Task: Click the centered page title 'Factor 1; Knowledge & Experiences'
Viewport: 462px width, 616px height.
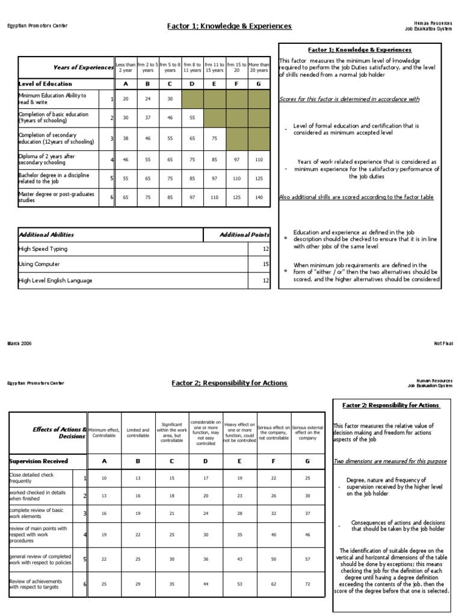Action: [x=229, y=26]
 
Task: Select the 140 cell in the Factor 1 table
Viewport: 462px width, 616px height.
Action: [x=259, y=197]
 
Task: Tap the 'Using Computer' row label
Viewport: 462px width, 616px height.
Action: [x=39, y=264]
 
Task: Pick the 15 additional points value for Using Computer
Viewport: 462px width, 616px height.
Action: [x=265, y=264]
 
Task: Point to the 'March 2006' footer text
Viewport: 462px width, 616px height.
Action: [x=19, y=343]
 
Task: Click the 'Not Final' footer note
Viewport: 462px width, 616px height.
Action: [x=443, y=343]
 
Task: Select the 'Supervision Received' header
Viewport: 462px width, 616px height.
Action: [x=38, y=461]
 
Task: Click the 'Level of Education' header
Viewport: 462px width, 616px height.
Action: [x=45, y=84]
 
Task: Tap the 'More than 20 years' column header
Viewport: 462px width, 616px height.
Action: [x=259, y=67]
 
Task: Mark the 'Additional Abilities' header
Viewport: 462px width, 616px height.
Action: [x=47, y=235]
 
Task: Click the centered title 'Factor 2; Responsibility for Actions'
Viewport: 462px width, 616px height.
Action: [x=229, y=383]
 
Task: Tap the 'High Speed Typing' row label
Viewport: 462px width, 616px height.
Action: [x=43, y=249]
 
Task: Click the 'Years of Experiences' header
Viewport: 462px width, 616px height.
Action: [x=83, y=67]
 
